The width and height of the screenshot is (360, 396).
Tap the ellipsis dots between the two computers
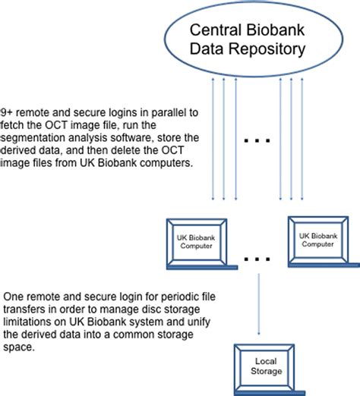point(256,259)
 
